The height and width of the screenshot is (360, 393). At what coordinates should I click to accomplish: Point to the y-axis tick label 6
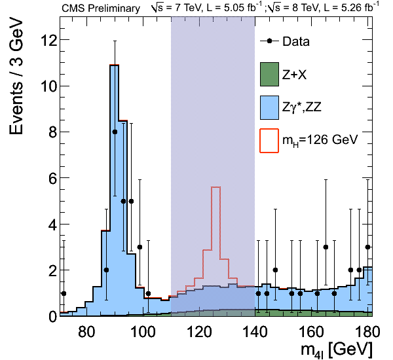(48, 178)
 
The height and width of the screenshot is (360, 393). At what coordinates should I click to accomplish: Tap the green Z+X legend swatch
(269, 75)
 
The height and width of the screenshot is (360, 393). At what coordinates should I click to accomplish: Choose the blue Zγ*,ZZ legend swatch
(269, 107)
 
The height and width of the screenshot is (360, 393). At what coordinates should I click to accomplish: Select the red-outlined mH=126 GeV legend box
(269, 139)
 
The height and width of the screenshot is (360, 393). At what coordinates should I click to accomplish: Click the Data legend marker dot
(269, 42)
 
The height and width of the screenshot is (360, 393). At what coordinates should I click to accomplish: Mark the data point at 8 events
(115, 132)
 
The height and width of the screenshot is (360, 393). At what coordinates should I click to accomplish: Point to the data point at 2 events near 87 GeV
(106, 270)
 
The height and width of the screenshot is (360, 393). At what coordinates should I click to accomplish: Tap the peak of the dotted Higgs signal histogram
(215, 187)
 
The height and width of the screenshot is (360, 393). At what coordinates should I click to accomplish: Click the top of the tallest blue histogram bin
(114, 65)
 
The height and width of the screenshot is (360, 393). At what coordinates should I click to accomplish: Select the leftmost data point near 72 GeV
(64, 293)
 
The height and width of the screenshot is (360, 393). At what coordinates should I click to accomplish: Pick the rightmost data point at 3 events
(367, 247)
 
